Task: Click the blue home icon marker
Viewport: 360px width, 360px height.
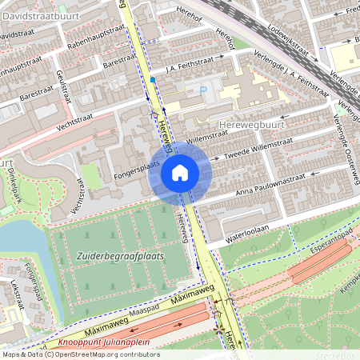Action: point(180,172)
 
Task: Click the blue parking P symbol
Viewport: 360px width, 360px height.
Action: point(202,90)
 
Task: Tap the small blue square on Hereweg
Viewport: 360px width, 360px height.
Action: point(151,79)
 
